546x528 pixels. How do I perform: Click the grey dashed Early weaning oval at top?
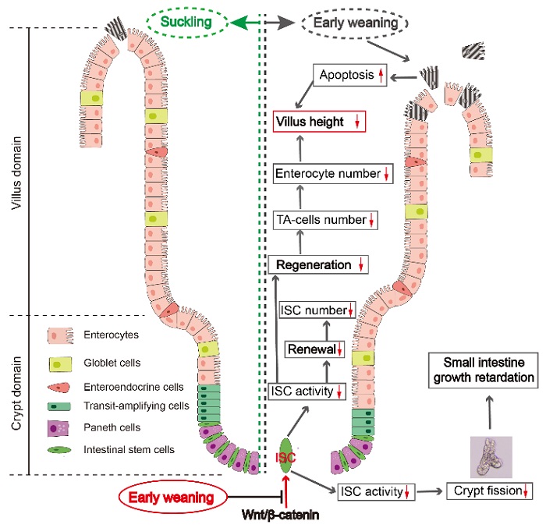point(354,23)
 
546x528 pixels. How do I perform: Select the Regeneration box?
point(317,265)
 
